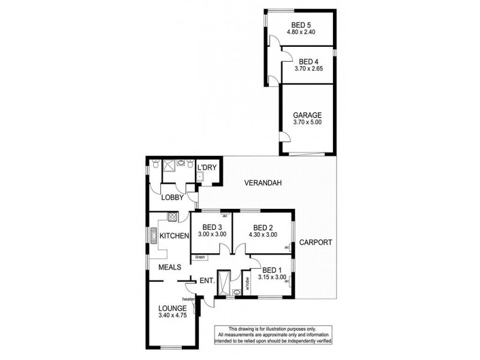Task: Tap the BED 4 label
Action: (308, 62)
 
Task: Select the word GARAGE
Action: (307, 115)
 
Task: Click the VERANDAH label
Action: (263, 183)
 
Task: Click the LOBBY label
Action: (172, 196)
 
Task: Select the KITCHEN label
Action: (175, 236)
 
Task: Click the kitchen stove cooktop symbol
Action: (172, 216)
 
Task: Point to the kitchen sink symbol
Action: (154, 235)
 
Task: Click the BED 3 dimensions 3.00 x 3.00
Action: (212, 235)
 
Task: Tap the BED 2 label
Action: (263, 227)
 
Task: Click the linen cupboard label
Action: (200, 257)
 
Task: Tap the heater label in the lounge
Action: (189, 299)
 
